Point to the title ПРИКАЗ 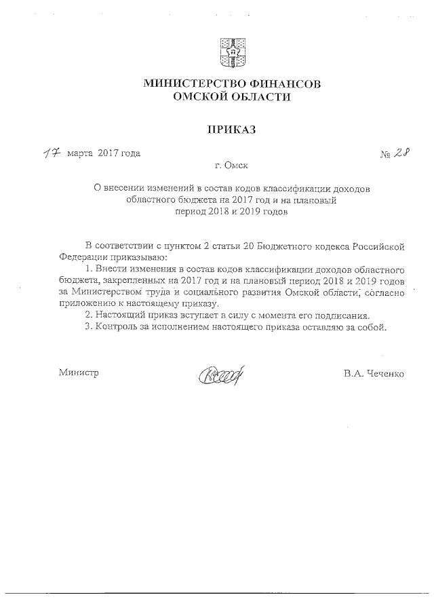point(231,129)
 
